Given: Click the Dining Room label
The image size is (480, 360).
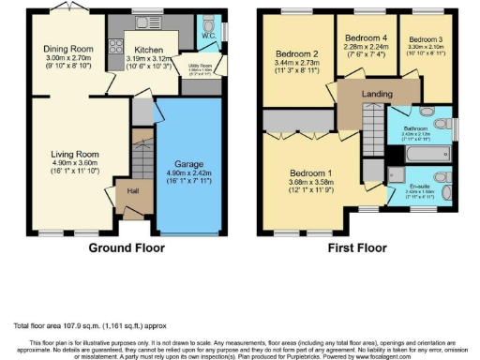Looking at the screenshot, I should [x=71, y=49].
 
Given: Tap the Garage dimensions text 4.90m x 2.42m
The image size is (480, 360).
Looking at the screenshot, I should [x=183, y=172].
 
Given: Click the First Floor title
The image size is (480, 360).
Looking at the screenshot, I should [x=357, y=248].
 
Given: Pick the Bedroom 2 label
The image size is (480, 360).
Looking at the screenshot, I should [x=296, y=53].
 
